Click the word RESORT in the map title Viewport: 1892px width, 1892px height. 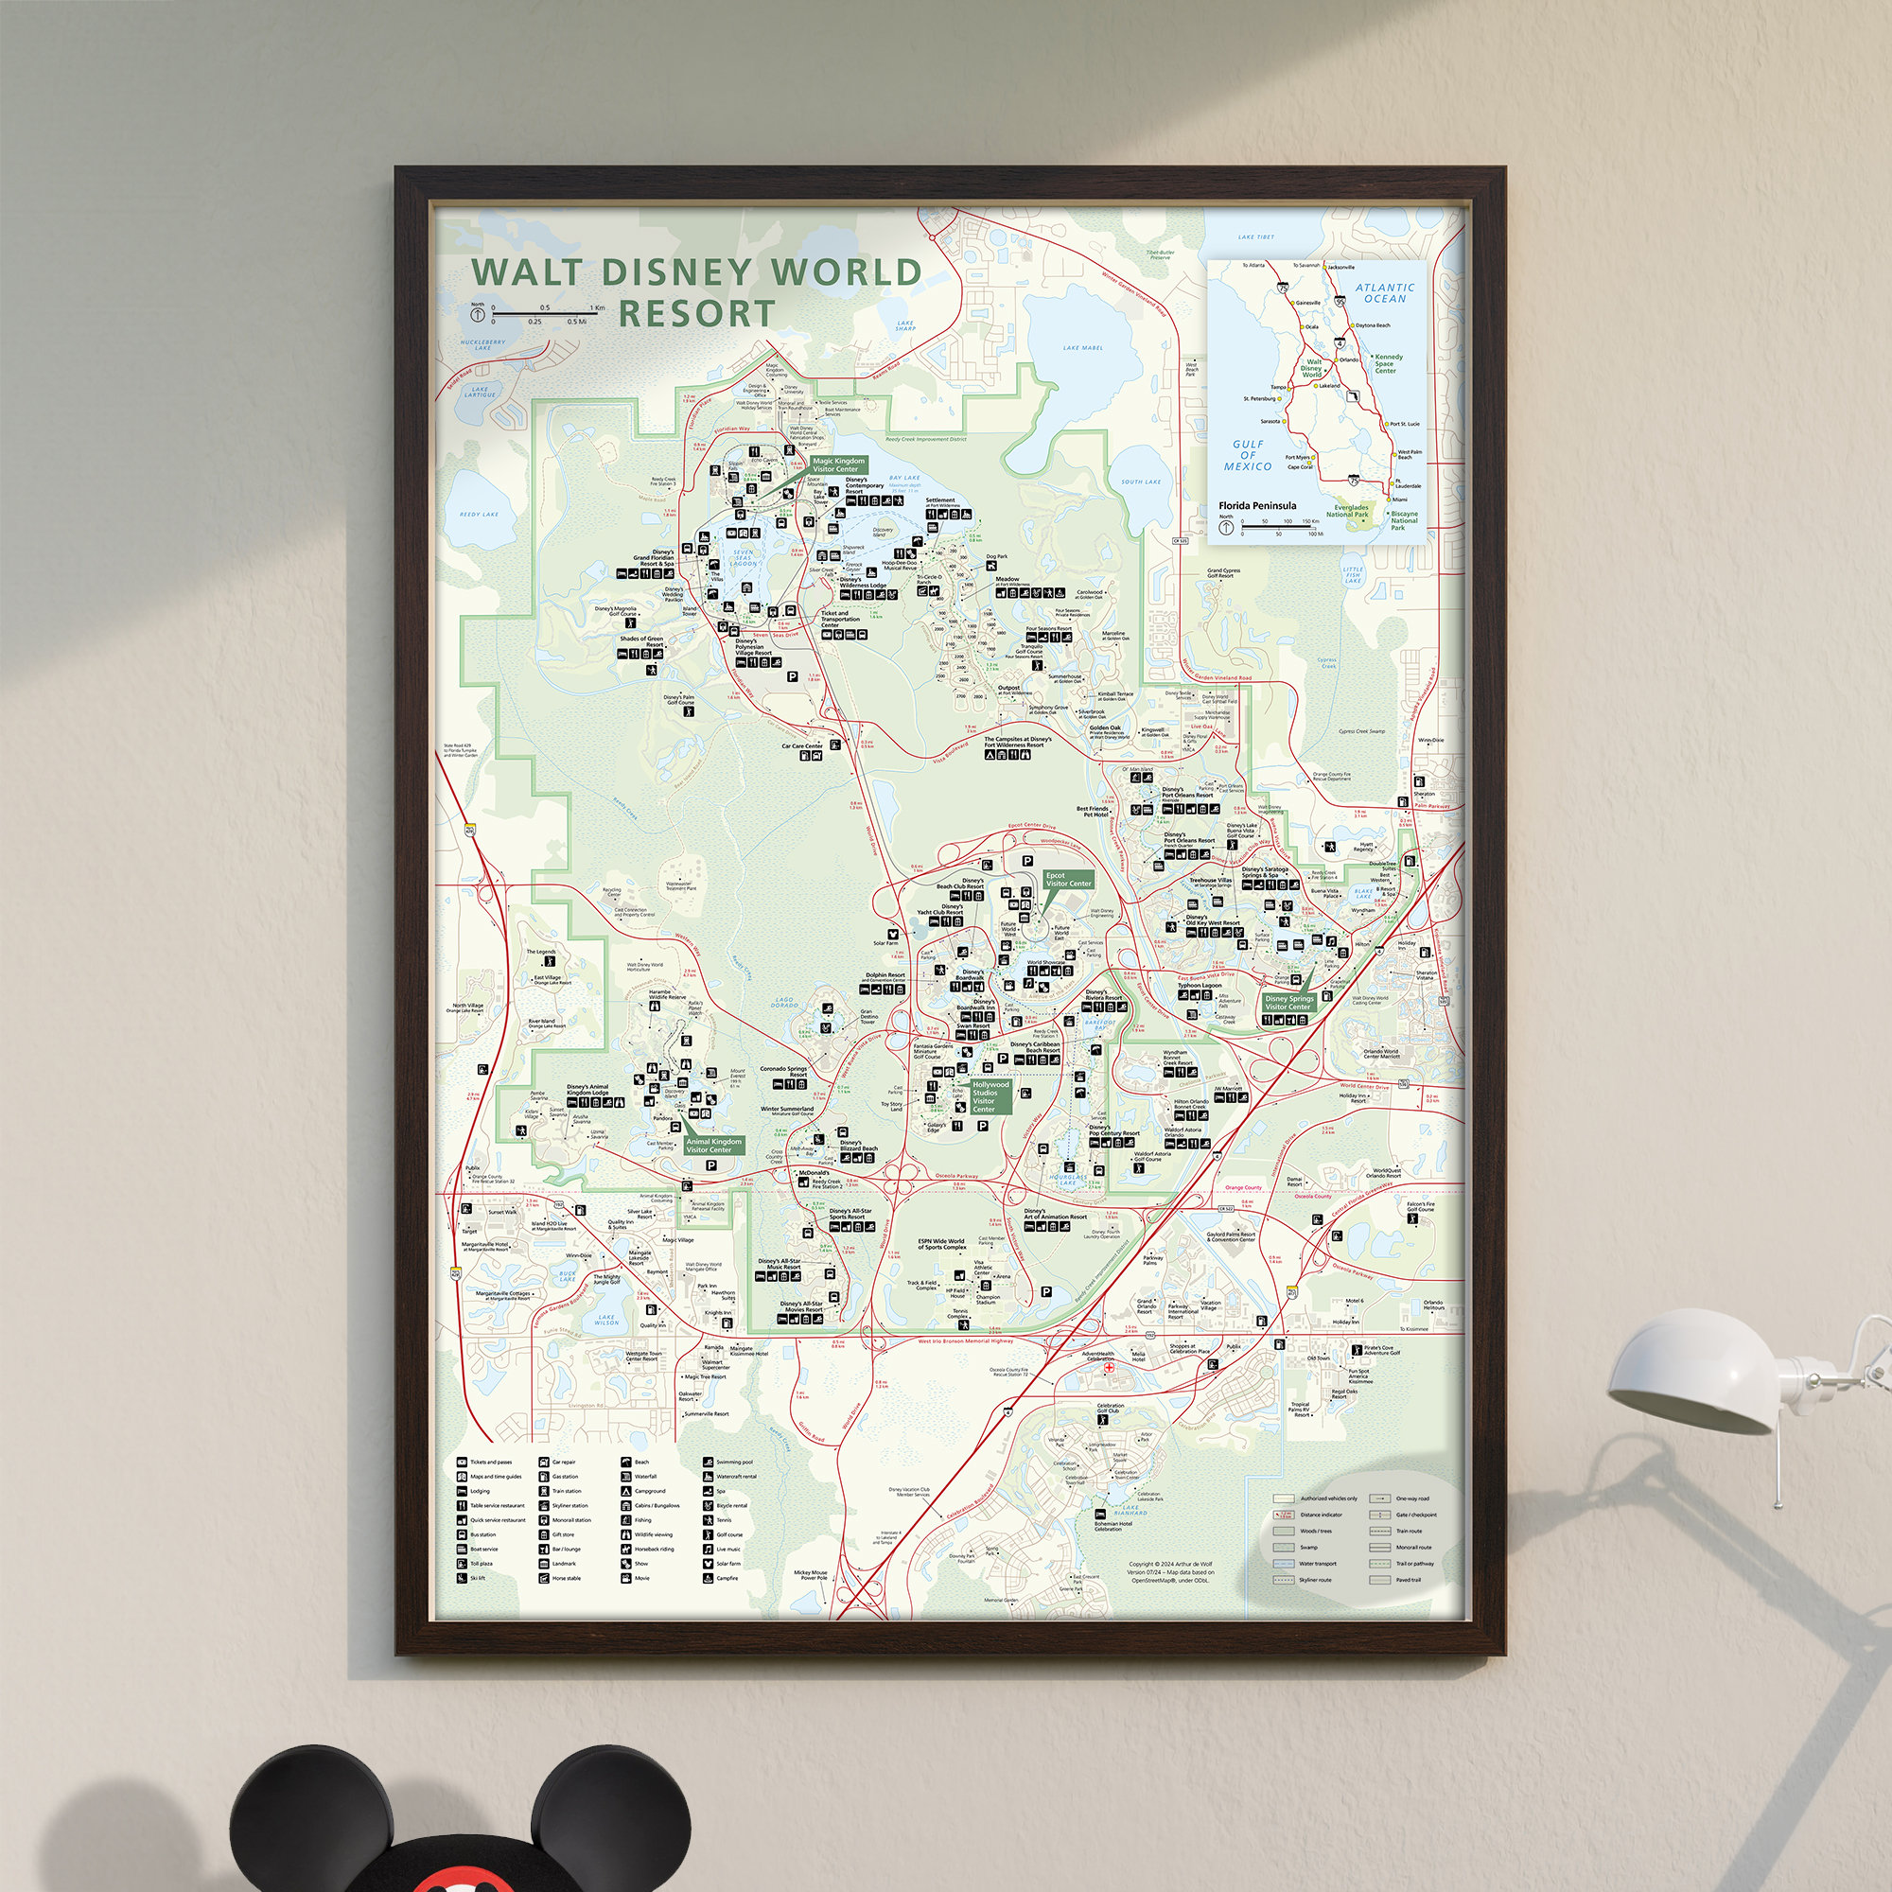click(696, 313)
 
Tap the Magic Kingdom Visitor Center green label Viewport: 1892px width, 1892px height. click(838, 464)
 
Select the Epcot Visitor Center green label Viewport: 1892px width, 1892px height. click(1067, 880)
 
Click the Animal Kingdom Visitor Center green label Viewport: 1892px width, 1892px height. click(714, 1145)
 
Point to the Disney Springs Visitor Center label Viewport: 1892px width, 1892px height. click(1288, 1003)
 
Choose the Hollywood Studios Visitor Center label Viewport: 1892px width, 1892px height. click(990, 1096)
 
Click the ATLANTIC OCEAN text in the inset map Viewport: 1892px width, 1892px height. click(1385, 293)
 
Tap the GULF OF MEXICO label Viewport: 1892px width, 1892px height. click(1248, 455)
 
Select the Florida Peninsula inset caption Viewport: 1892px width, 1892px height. click(1257, 506)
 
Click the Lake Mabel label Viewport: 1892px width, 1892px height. click(1083, 347)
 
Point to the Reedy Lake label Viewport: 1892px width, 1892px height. click(479, 514)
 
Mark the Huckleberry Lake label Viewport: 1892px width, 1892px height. click(482, 344)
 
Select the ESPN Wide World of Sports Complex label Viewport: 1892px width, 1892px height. click(941, 1245)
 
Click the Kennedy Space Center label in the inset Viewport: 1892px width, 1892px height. click(1388, 363)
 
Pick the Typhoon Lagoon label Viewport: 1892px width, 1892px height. click(1200, 986)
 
